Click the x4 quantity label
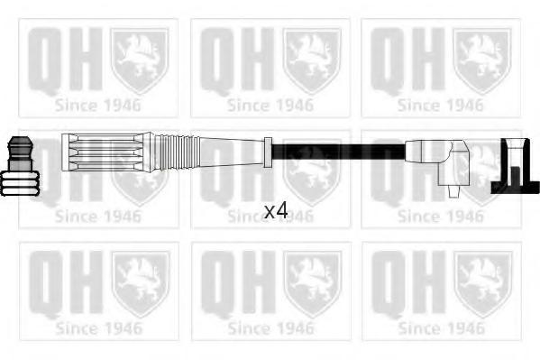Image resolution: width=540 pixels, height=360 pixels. point(276,210)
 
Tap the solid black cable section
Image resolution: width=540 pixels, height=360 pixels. point(339,152)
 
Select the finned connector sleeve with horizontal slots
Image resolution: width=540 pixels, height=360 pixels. point(106,152)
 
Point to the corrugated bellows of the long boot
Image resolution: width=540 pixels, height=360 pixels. point(177,152)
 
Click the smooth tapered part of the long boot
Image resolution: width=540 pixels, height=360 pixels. point(232,152)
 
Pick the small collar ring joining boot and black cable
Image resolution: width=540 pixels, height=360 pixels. point(268,152)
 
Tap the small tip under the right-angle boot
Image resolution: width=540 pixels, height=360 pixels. point(453,191)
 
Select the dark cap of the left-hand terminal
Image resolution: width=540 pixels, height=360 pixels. point(21,153)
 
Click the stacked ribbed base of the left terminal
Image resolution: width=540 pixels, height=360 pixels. point(20,183)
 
